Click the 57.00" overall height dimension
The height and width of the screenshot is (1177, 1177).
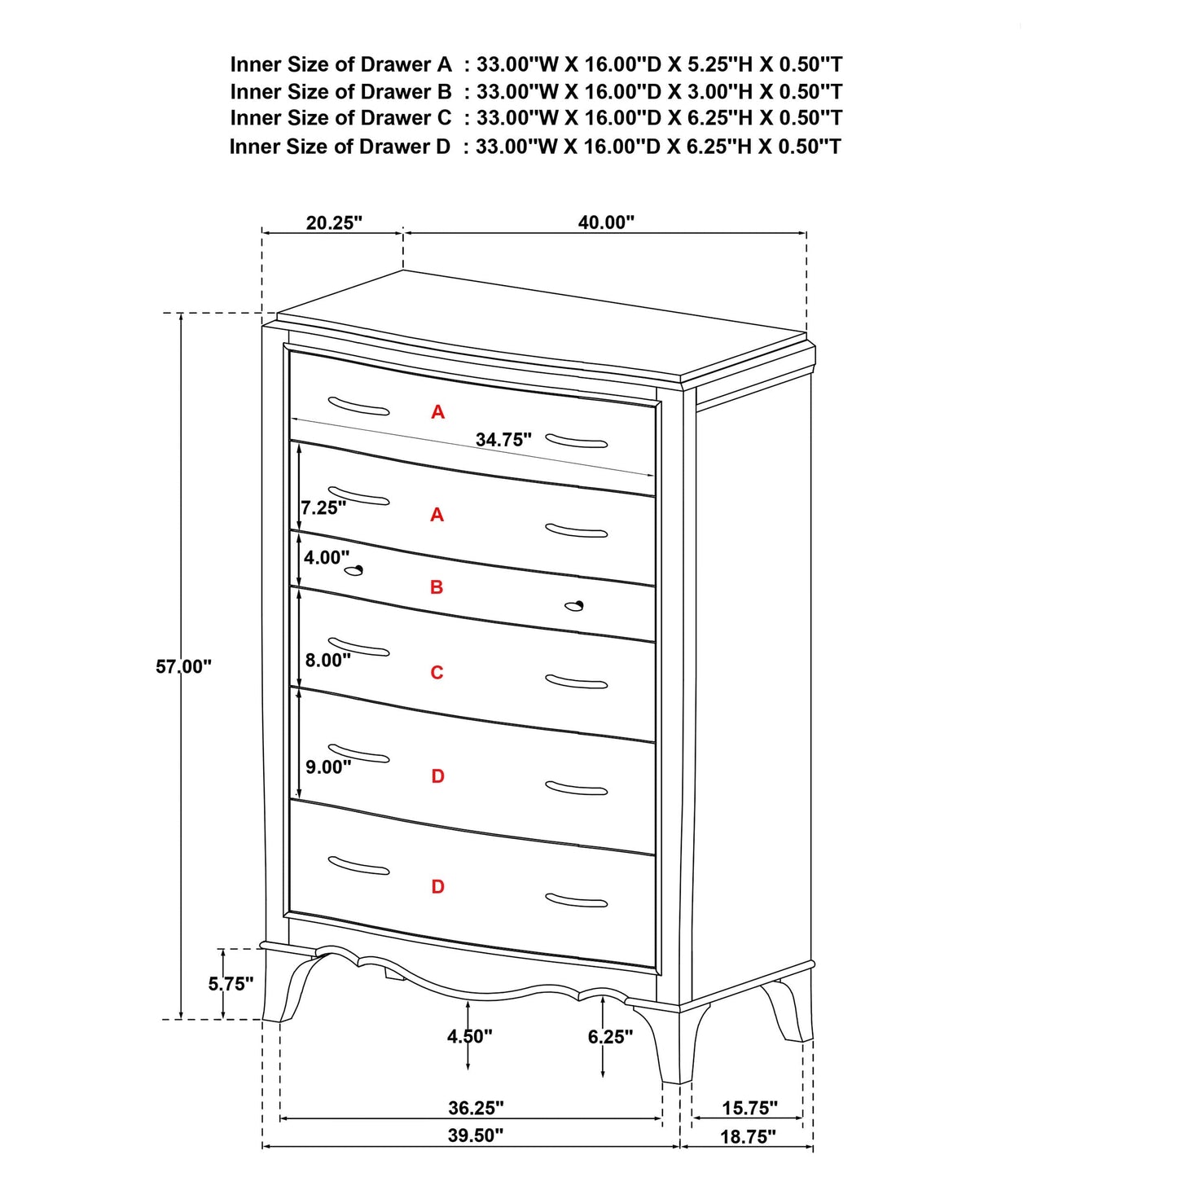click(x=183, y=666)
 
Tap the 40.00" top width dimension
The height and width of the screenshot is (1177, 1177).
click(x=606, y=222)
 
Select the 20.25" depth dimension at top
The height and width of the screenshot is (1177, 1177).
click(x=334, y=222)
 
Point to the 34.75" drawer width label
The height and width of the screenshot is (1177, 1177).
click(x=503, y=440)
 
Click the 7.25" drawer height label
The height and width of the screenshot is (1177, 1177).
click(x=323, y=508)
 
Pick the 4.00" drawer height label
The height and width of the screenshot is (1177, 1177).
click(x=326, y=558)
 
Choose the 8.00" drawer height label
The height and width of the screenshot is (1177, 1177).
click(x=328, y=660)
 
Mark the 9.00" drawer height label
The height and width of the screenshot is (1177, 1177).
click(x=328, y=766)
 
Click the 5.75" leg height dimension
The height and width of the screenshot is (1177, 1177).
click(x=231, y=984)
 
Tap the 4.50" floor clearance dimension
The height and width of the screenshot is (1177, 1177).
click(x=469, y=1036)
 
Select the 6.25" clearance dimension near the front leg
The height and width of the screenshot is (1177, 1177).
click(x=610, y=1036)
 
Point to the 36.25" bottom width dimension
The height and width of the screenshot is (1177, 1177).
click(x=476, y=1108)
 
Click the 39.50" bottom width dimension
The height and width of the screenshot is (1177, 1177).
click(x=476, y=1135)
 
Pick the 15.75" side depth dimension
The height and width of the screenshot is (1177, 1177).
click(x=749, y=1108)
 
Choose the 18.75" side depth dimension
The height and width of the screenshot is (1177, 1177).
click(x=748, y=1137)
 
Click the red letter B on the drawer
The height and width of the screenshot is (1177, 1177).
click(x=437, y=587)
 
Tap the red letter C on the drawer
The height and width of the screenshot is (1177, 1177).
click(x=437, y=673)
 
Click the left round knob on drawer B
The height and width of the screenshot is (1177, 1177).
click(x=354, y=570)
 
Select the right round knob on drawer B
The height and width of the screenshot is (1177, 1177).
click(x=575, y=605)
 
